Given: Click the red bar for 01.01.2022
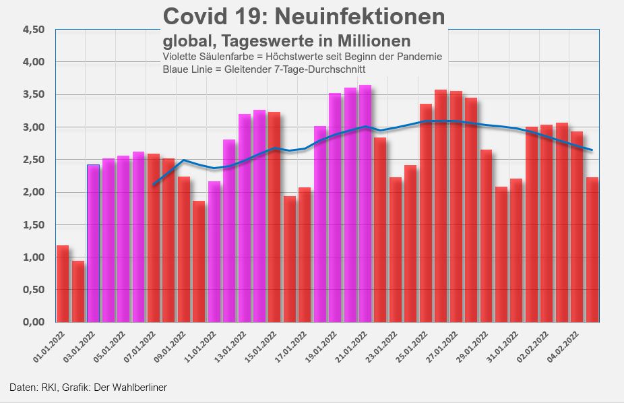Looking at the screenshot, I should pyautogui.click(x=63, y=284).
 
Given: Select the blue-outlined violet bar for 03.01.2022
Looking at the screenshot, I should pyautogui.click(x=93, y=243).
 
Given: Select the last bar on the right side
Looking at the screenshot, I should pyautogui.click(x=592, y=249).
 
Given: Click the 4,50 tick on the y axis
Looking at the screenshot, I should pyautogui.click(x=33, y=30).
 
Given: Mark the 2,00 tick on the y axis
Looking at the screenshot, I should pyautogui.click(x=33, y=192).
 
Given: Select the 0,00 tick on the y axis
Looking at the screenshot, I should pyautogui.click(x=33, y=322).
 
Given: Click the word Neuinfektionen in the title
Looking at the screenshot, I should pyautogui.click(x=358, y=16).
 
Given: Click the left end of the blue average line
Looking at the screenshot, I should pyautogui.click(x=154, y=185).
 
